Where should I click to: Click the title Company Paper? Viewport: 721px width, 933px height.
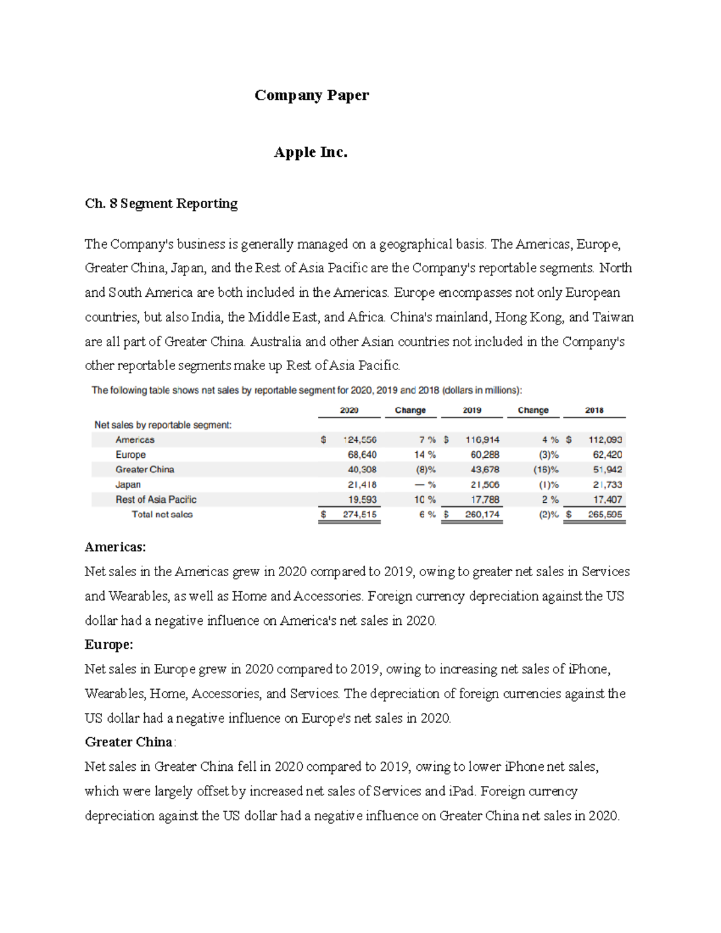(311, 95)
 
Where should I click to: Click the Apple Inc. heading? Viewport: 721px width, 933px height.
(311, 152)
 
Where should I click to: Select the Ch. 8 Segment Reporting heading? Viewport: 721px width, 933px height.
(161, 204)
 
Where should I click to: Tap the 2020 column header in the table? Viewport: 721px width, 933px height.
(349, 410)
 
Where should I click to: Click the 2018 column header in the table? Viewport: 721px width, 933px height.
(594, 410)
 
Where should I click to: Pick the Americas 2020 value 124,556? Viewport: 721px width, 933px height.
(360, 440)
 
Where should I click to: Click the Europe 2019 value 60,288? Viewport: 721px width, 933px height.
(482, 455)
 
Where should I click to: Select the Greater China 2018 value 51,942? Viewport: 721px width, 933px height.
(607, 469)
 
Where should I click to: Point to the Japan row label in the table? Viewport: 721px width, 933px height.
(128, 484)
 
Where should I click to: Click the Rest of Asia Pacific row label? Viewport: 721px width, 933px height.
(156, 499)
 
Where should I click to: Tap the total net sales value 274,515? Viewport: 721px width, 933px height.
(359, 514)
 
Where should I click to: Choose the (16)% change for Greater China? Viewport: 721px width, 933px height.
(546, 469)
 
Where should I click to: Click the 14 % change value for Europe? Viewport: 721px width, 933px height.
(425, 455)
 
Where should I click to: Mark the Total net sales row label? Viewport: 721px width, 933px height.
(162, 514)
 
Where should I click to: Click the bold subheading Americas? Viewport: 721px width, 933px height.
(115, 547)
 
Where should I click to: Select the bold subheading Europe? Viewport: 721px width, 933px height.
(109, 645)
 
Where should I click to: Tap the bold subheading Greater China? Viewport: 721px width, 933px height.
(130, 742)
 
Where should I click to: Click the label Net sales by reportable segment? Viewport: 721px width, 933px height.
(163, 425)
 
